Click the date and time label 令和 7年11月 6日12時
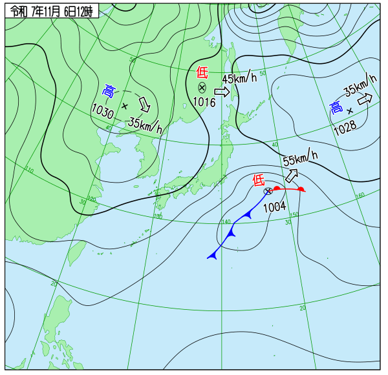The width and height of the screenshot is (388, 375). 52,10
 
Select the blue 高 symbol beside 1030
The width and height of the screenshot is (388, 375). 109,91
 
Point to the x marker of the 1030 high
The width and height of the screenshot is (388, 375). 125,105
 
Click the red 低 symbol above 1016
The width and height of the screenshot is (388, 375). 202,72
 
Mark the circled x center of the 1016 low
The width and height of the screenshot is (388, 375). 202,87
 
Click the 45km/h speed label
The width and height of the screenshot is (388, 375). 239,79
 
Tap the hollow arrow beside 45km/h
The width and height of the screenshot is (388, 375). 221,92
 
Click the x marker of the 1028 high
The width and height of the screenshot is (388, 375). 350,111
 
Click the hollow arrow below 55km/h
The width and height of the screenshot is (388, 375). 292,175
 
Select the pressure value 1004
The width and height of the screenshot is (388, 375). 274,207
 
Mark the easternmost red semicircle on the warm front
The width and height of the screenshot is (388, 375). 301,188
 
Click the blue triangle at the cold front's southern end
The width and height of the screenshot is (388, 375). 211,256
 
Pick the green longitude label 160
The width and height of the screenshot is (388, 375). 360,195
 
